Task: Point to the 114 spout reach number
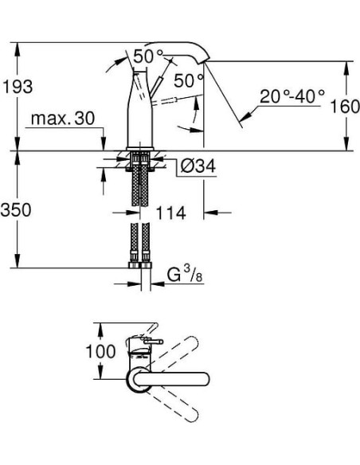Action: (x=170, y=213)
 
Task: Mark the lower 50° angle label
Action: (x=189, y=80)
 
